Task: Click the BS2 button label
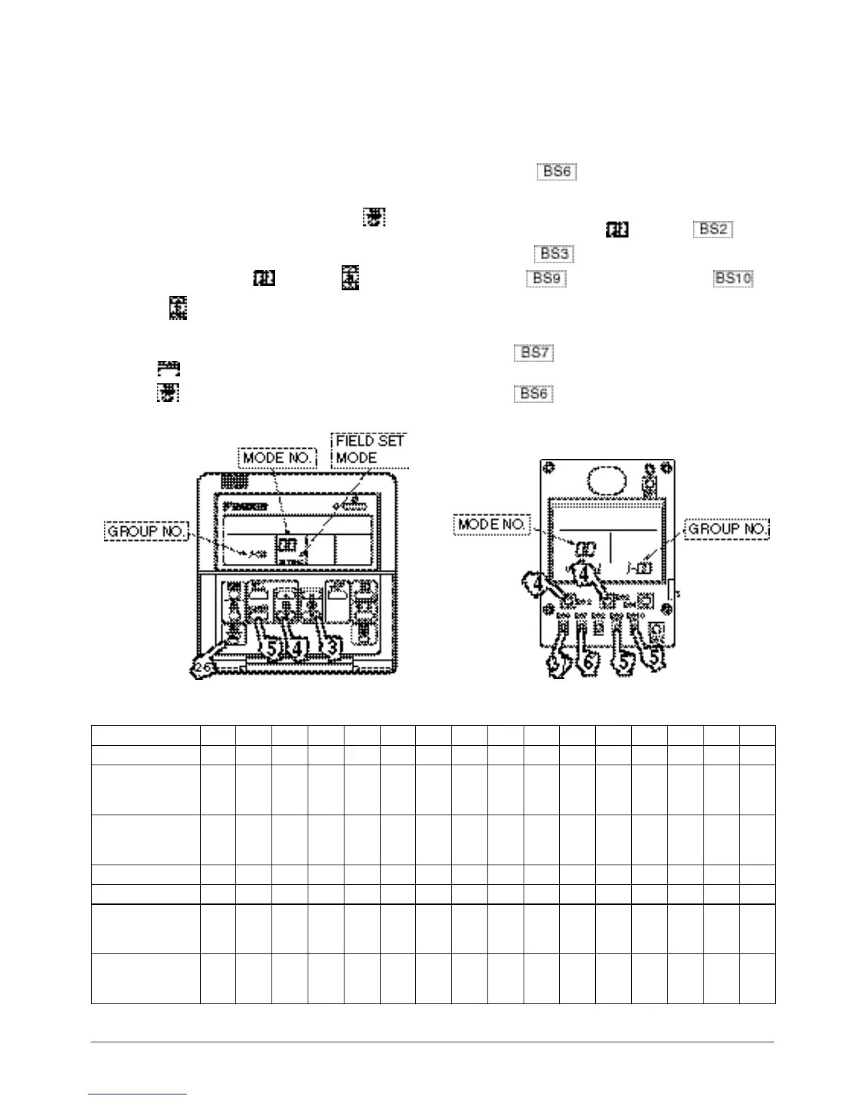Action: (712, 228)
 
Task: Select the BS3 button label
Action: (554, 253)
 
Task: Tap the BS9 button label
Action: (547, 278)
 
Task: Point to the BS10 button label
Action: (733, 278)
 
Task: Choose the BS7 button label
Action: (534, 352)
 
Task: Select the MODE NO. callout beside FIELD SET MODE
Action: (277, 458)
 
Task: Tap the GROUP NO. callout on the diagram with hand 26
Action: (146, 532)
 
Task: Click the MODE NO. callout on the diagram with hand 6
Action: (492, 524)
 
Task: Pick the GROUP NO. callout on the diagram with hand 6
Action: (727, 529)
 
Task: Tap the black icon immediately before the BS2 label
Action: (618, 228)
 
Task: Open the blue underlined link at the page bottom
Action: (138, 1095)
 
